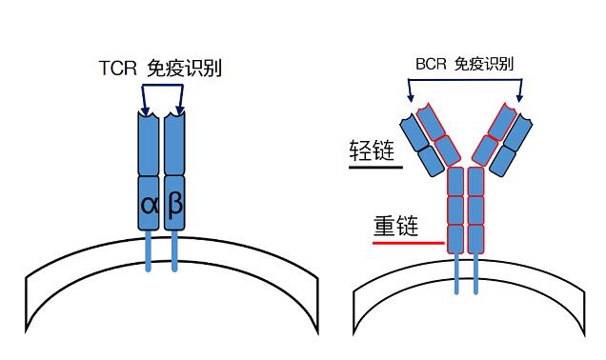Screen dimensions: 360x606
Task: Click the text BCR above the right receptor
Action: pyautogui.click(x=431, y=65)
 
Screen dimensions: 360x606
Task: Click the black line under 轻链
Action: pyautogui.click(x=376, y=170)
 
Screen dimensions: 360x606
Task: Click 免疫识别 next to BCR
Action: pyautogui.click(x=483, y=65)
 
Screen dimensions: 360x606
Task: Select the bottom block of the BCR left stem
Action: pyautogui.click(x=454, y=237)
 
